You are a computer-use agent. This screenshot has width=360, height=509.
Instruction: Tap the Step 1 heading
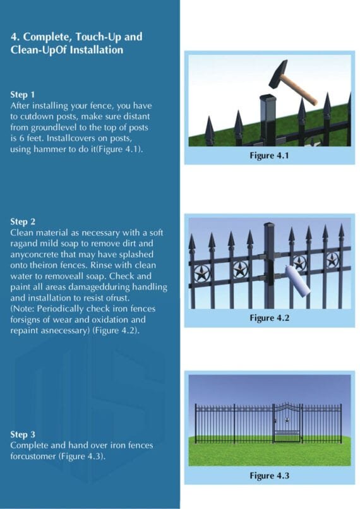pos(23,94)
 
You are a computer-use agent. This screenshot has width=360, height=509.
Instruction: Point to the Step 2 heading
pos(23,222)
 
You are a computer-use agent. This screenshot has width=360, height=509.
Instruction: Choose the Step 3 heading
pos(23,434)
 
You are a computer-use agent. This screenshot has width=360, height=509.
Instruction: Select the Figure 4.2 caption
pos(269,318)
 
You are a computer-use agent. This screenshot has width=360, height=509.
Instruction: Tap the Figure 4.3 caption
pos(269,475)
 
